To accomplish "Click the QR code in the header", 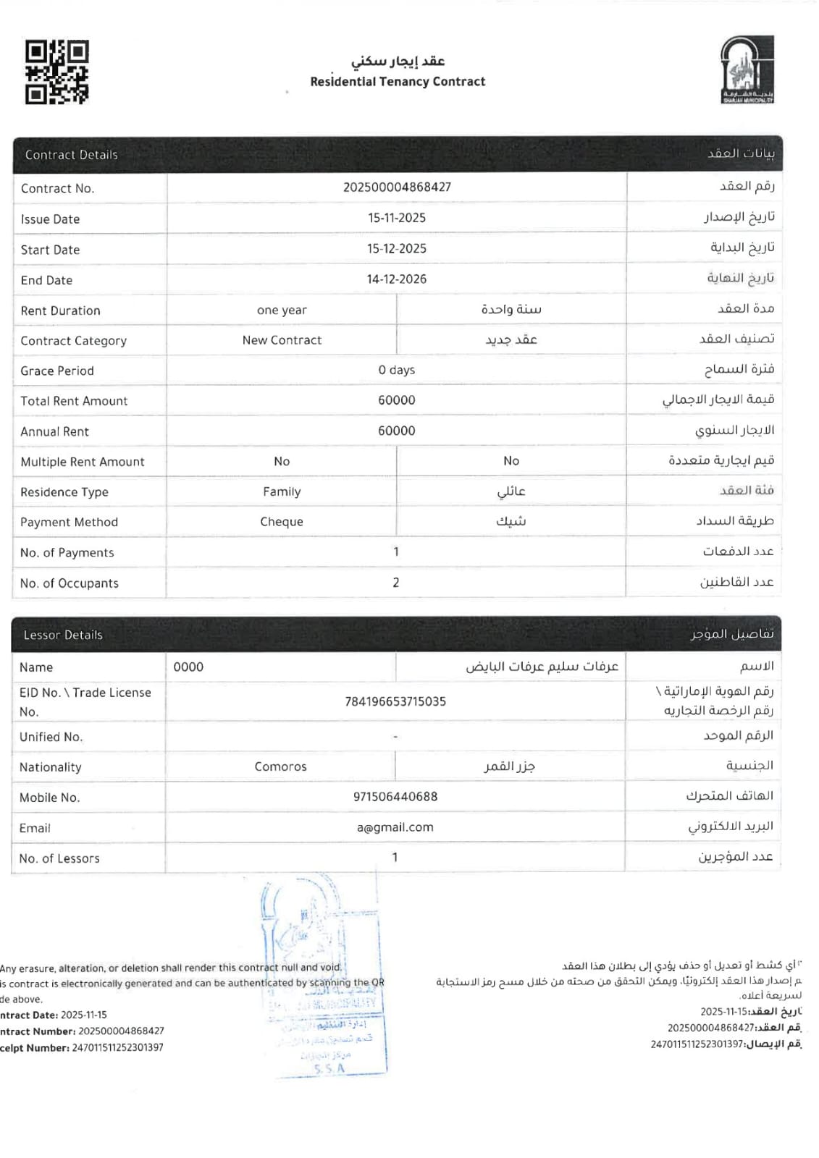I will coord(57,72).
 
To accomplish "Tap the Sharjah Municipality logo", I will coord(747,69).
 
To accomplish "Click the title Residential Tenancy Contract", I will coord(398,82).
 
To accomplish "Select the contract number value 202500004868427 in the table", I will coord(397,187).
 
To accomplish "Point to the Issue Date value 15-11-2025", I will coord(397,218).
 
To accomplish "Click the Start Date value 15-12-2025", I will coord(397,249).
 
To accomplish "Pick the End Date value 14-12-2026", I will coord(397,279).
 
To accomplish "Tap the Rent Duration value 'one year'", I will coord(282,310).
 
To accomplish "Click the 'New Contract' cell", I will coord(282,340).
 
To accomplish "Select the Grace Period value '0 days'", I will coord(397,371).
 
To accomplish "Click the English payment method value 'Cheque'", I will coord(282,522).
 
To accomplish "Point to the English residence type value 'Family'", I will coord(282,492).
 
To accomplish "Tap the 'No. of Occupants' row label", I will coord(70,583).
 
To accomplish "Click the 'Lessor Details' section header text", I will coord(63,635).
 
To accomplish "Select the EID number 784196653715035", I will coord(395,702).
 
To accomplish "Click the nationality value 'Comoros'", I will coord(280,767).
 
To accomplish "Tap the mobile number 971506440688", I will coord(395,797).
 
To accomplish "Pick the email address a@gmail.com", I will coord(395,828).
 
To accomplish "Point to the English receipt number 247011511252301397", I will coord(118,1048).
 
